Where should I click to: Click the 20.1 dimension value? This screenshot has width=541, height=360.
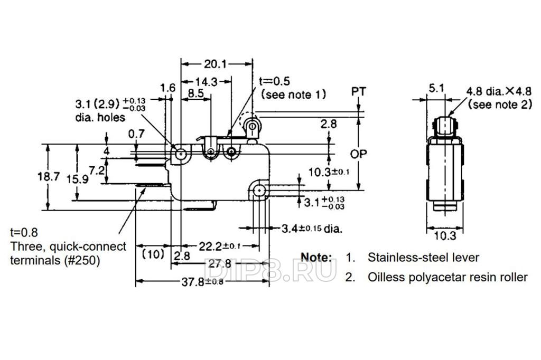point(215,64)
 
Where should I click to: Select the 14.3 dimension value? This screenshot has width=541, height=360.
point(206,82)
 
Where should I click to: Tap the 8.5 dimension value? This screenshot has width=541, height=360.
point(195,93)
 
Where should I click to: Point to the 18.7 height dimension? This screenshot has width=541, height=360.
point(49,176)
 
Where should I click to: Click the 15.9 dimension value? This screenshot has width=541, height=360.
point(77,179)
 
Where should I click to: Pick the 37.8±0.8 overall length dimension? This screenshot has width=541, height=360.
point(202,282)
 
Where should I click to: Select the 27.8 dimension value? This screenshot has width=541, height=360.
point(220,264)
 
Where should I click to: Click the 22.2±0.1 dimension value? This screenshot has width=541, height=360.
point(219,246)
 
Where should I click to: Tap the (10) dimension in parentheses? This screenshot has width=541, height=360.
point(153,254)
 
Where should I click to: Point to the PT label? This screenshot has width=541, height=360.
point(359,91)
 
